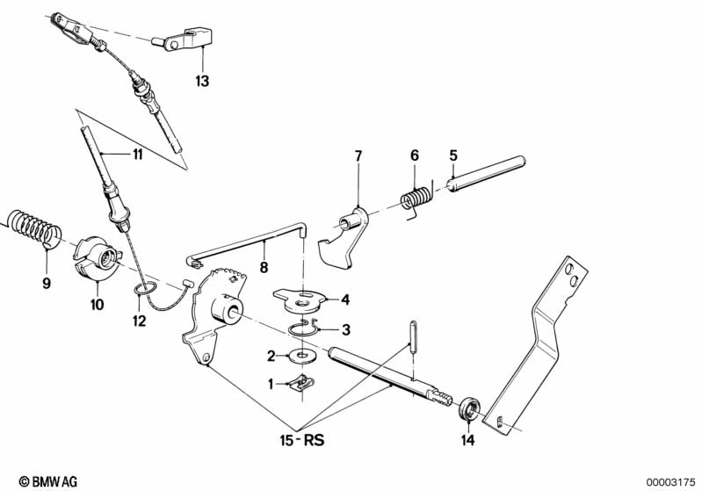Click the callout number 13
coord(202,82)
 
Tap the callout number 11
coord(137,155)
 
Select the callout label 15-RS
coord(302,440)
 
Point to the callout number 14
coord(467,440)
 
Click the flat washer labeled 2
coord(303,356)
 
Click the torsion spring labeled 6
coord(416,198)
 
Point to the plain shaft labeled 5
coord(487,174)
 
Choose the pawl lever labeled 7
coord(344,238)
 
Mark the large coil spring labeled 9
coord(35,228)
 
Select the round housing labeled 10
coord(97,260)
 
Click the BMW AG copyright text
coord(48,481)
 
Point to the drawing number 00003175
coord(670,482)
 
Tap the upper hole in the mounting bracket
coord(569,270)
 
